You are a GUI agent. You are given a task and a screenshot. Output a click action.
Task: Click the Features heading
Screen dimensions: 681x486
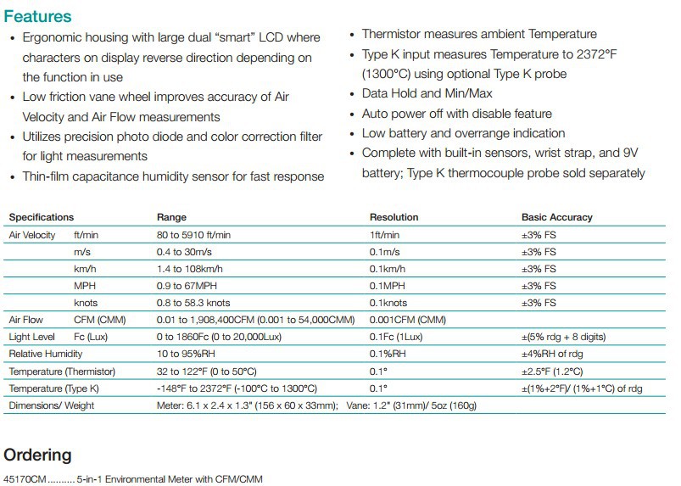click(37, 16)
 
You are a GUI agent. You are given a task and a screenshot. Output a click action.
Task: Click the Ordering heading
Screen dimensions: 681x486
click(37, 455)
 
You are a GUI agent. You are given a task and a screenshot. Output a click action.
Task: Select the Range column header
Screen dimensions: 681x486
click(171, 217)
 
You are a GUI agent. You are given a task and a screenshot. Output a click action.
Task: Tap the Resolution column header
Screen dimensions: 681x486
click(394, 217)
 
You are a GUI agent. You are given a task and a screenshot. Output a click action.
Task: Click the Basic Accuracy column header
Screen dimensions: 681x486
click(557, 217)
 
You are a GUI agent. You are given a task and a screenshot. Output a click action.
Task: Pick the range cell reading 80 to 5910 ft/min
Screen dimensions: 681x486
click(193, 235)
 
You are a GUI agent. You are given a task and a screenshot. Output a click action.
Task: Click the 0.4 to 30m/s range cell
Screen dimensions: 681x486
click(184, 252)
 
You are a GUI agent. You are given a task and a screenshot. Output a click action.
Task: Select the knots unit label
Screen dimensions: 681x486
click(86, 303)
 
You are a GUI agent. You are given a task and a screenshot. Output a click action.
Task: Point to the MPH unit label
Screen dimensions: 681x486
click(85, 286)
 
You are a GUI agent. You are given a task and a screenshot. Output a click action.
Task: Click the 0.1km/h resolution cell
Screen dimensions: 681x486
click(388, 269)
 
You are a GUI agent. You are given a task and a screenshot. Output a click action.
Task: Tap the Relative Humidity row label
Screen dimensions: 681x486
click(46, 354)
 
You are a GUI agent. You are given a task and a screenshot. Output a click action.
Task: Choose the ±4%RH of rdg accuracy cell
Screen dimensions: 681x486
click(552, 354)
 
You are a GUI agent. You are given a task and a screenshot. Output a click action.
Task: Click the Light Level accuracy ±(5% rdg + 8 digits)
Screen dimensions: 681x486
click(564, 337)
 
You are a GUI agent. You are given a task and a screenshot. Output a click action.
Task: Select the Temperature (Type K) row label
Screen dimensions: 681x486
click(54, 388)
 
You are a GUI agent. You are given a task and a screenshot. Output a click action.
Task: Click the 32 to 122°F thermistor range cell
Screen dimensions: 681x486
click(207, 371)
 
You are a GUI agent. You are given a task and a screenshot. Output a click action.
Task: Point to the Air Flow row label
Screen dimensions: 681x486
click(26, 320)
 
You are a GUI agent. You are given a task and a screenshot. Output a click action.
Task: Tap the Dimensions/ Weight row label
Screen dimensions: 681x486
click(52, 405)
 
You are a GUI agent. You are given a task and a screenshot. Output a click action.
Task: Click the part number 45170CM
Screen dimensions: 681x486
click(25, 479)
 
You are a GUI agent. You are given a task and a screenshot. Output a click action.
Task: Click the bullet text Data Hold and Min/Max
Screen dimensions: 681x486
click(427, 93)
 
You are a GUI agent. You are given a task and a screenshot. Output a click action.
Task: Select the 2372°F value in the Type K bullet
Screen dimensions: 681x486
click(596, 54)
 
